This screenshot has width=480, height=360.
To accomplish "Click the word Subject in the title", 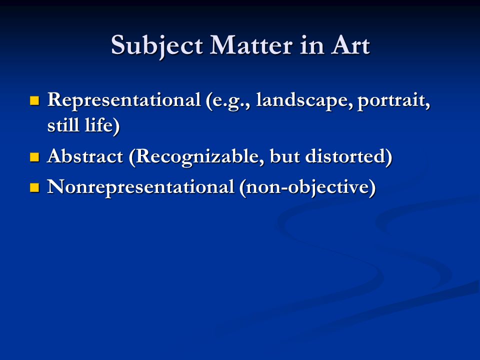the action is click(x=156, y=46).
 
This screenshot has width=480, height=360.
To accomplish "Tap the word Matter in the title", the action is click(x=251, y=45).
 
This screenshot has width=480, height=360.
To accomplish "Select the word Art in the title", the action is click(x=350, y=45).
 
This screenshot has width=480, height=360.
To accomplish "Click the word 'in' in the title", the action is click(x=311, y=45).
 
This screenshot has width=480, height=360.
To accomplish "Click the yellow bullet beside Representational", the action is click(x=34, y=100).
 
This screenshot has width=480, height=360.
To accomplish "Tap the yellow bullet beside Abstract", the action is click(x=34, y=157).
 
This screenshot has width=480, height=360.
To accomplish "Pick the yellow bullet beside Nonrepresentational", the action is click(x=34, y=187).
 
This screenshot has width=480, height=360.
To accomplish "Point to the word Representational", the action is click(x=124, y=100).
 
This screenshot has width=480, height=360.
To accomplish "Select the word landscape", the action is click(x=303, y=100).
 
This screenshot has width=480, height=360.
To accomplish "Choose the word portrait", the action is click(x=393, y=101).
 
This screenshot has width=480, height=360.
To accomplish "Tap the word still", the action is click(x=63, y=125).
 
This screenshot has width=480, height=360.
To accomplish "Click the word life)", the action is click(x=102, y=126).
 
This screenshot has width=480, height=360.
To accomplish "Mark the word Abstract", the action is click(x=85, y=156).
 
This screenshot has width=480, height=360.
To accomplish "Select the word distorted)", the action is click(x=348, y=157).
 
